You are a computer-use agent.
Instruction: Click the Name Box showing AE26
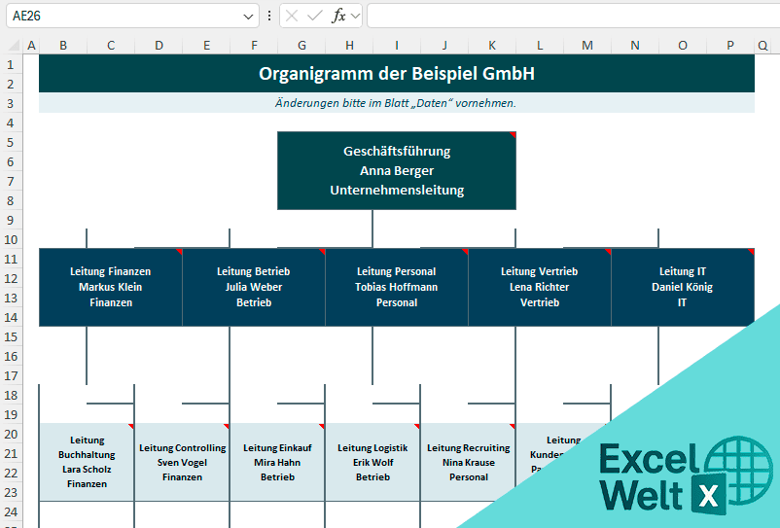point(126,16)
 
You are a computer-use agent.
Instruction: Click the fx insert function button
point(338,16)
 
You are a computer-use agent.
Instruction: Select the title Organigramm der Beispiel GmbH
point(396,74)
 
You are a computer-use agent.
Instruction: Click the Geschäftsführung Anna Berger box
point(396,171)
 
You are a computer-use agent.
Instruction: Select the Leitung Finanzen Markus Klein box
point(110,287)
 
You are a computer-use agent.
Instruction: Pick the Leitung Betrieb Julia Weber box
point(253,287)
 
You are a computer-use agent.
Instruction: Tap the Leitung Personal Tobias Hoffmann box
point(396,287)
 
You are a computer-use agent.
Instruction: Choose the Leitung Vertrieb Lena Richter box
point(539,287)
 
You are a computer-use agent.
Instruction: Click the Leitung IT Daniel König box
point(682,287)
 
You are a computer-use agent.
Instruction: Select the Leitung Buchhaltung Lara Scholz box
point(87,462)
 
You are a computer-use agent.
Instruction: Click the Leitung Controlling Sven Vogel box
point(182,462)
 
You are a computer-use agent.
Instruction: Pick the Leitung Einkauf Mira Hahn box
point(277,462)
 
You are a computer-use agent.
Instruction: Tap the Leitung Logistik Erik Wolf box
point(372,462)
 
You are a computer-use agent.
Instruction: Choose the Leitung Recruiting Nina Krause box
point(468,462)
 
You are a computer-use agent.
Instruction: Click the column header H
point(349,45)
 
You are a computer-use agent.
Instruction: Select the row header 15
point(11,336)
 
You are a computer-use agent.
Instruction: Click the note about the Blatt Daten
point(396,103)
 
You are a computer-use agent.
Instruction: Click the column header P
point(729,45)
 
